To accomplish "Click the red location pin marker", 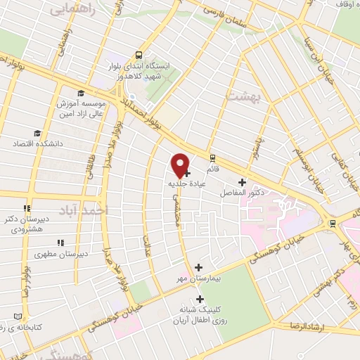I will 180,165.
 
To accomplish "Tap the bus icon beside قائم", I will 212,158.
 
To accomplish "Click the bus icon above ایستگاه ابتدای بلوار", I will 139,53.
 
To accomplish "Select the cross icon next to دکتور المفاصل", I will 242,181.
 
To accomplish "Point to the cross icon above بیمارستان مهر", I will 198,267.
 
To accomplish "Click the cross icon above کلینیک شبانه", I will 200,299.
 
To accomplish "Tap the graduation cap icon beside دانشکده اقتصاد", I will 37,133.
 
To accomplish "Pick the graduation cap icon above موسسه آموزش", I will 81,93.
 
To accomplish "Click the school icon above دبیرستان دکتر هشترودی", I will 27,208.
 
